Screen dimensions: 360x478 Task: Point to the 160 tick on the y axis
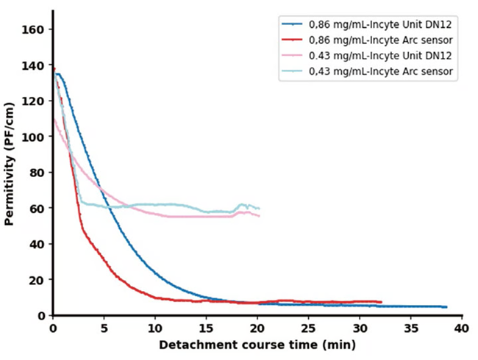(x=37, y=29)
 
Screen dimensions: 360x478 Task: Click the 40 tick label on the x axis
(x=461, y=328)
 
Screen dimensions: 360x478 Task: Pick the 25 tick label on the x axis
(x=308, y=328)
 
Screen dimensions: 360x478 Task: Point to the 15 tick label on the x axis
(x=206, y=328)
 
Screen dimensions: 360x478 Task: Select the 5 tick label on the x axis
(x=104, y=328)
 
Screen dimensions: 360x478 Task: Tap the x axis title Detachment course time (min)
(x=257, y=345)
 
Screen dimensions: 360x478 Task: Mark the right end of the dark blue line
(x=446, y=307)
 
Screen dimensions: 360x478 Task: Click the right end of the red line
(x=381, y=302)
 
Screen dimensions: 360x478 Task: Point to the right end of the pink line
(x=259, y=215)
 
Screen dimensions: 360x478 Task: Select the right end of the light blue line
(x=259, y=209)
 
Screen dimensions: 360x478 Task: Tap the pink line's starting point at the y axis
(x=54, y=120)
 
